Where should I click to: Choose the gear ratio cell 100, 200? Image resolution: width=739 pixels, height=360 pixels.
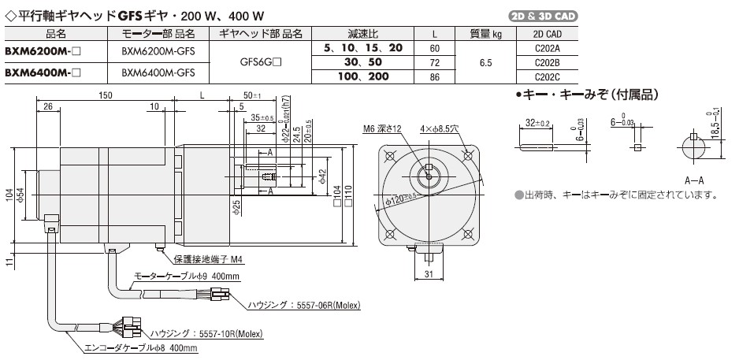coord(363,76)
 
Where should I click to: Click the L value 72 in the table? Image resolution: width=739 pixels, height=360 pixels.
coord(436,61)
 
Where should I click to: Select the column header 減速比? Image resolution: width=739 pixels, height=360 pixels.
coord(363,33)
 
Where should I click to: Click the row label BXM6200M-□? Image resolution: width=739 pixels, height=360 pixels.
coord(39,49)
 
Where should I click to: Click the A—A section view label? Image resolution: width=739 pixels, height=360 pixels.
coord(693,180)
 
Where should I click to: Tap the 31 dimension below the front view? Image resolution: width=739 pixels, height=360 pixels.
coord(429,274)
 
